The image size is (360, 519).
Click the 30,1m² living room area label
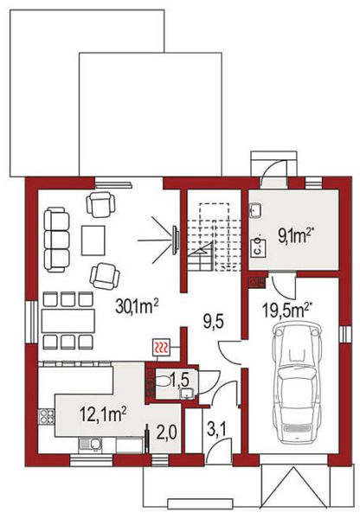(138, 306)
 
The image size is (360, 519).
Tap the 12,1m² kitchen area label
(103, 414)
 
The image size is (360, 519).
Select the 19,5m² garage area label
(287, 309)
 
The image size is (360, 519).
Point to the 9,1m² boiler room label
(296, 236)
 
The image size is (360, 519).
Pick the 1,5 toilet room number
(179, 381)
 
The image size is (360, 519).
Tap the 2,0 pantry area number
(167, 432)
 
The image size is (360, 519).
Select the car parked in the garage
(296, 383)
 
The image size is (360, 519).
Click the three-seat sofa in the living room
(56, 240)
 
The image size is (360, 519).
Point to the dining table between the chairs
(68, 321)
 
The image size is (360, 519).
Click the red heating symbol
(161, 348)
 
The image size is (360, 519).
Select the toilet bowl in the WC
(162, 382)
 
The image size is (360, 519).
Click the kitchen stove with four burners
(47, 416)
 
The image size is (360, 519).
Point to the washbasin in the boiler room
(255, 210)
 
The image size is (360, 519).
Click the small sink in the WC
(187, 394)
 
